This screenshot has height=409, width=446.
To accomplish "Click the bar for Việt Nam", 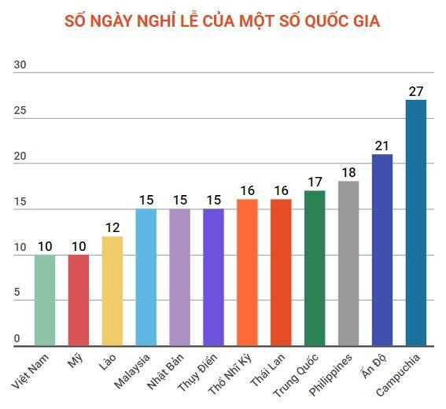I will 45,300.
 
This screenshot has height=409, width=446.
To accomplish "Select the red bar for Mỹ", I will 79,300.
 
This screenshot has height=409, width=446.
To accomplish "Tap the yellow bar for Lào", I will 112,291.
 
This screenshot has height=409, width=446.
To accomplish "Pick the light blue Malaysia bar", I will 146,277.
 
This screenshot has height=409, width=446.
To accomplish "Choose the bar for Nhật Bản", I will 179,277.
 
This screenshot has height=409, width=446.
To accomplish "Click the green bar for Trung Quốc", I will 315,267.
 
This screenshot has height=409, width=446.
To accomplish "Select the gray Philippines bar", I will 348,263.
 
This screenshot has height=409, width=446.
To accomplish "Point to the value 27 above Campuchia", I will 416,90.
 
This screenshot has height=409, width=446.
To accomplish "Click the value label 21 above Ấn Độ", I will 382,146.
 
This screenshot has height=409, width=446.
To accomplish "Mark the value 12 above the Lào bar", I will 112,227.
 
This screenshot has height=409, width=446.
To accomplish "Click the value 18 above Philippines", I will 348,172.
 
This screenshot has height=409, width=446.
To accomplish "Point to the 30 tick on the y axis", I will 20,66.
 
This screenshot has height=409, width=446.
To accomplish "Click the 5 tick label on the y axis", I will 17,293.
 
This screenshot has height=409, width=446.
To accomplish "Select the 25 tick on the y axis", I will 20,111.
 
